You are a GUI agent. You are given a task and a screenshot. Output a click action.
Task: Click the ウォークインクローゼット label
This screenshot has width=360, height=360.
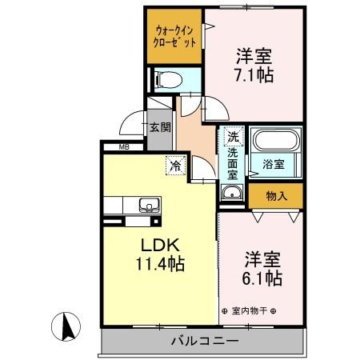pos(173,35)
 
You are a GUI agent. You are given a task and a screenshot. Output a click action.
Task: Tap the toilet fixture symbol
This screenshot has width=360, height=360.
pos(167,80)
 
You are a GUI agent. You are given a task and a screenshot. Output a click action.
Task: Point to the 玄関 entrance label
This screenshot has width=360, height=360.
pos(159,126)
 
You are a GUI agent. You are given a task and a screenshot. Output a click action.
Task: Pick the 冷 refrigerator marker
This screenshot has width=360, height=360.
pos(174,166)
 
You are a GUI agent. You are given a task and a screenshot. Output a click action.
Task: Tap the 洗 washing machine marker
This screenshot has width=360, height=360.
pos(232,136)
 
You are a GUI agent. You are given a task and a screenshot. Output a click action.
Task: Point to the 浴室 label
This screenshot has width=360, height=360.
pos(274,165)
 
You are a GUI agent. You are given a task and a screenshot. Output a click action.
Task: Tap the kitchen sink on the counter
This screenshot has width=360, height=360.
pos(149,204)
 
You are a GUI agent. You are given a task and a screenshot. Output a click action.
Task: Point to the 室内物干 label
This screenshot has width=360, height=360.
pos(248,311)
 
